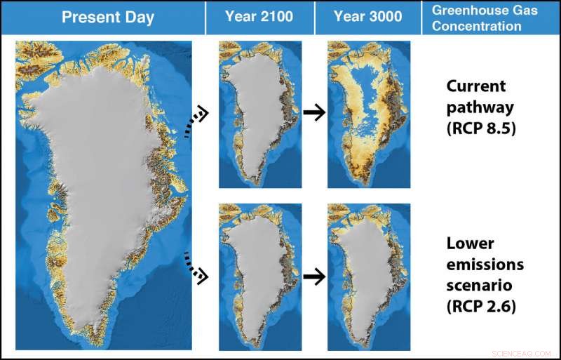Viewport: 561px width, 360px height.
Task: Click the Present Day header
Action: pyautogui.click(x=108, y=18)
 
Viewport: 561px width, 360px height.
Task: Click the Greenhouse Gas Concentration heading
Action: pyautogui.click(x=476, y=18)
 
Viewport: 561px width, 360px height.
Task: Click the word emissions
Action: pyautogui.click(x=483, y=265)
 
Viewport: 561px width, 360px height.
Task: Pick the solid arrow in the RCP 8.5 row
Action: pyautogui.click(x=316, y=114)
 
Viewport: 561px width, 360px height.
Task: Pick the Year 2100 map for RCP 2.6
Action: pyautogui.click(x=260, y=276)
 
